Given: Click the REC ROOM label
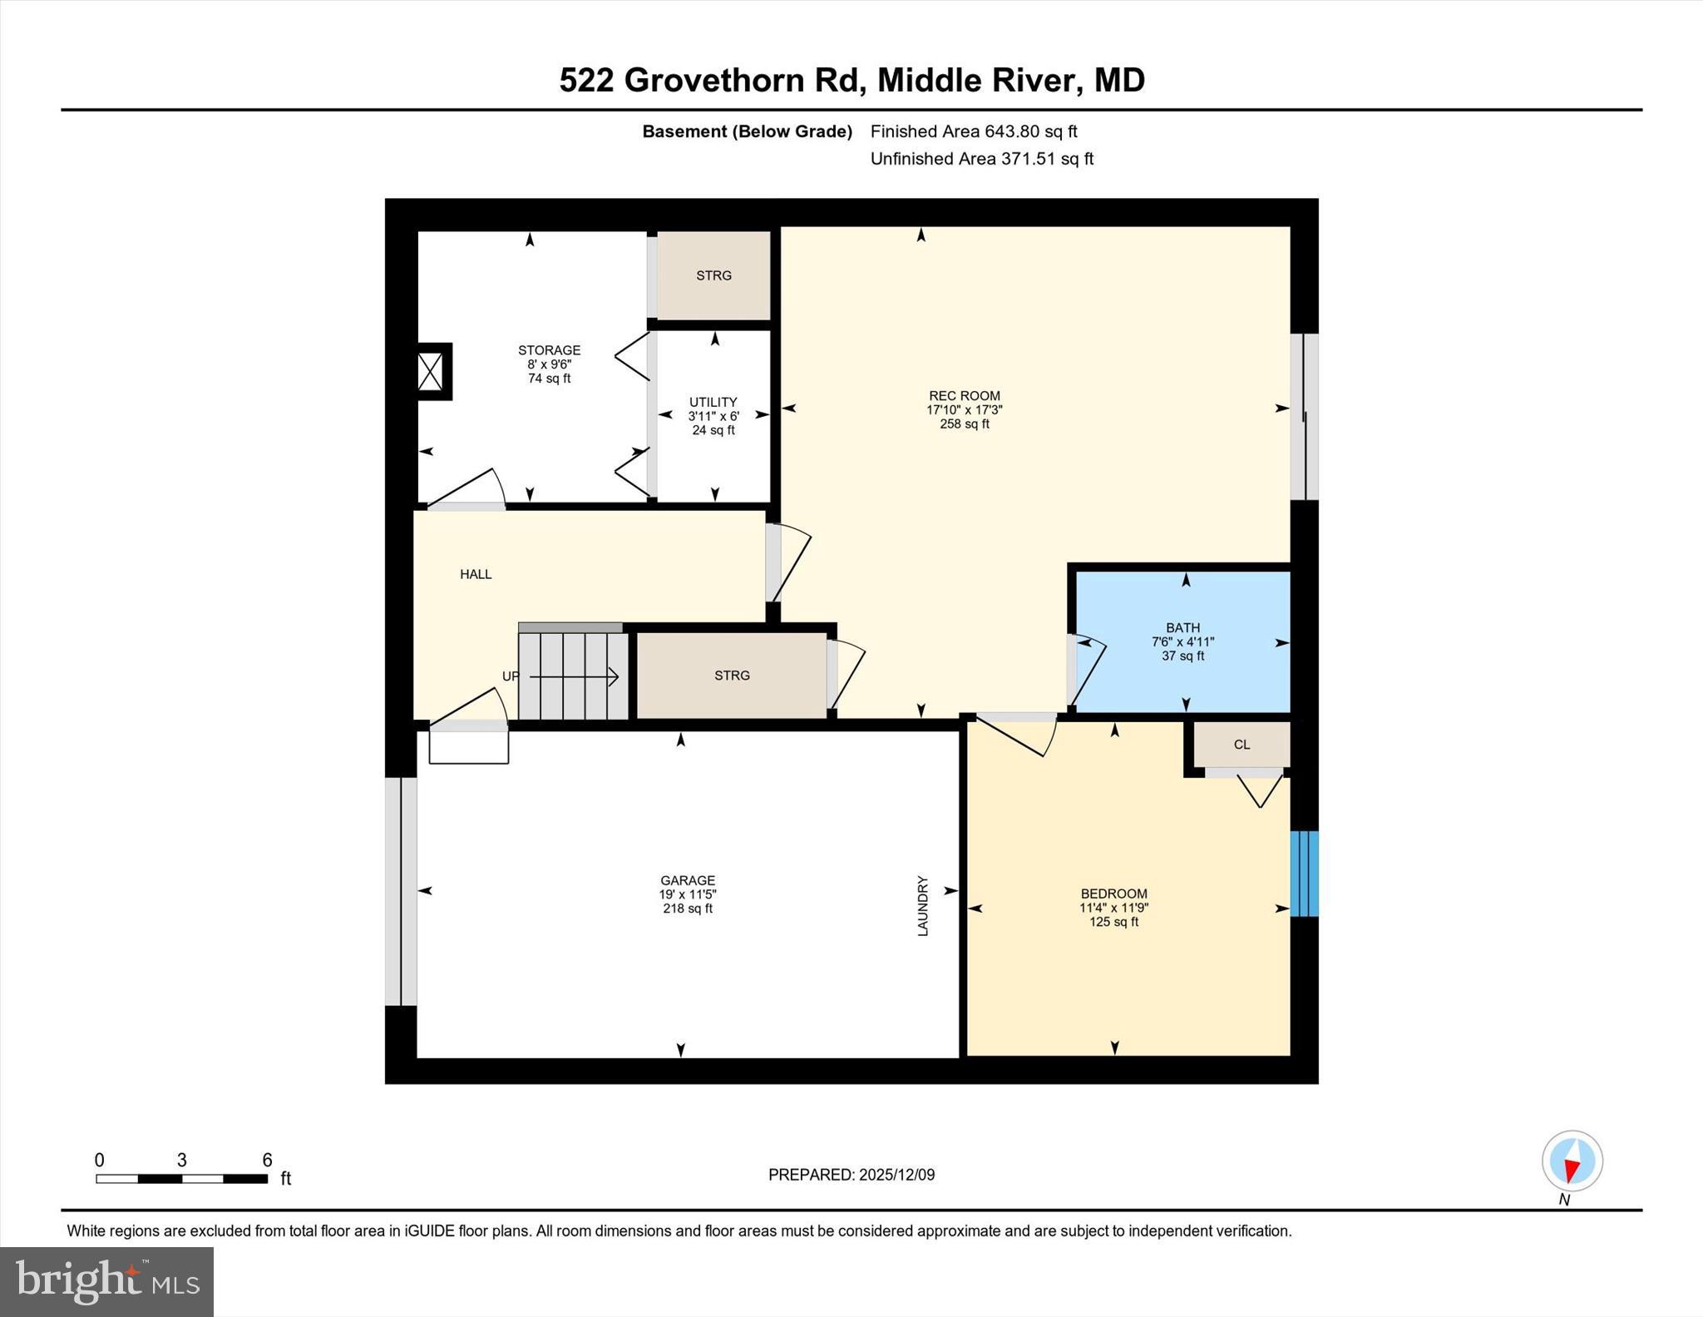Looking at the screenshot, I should click(x=964, y=396).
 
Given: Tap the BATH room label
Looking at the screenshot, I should click(x=1182, y=628).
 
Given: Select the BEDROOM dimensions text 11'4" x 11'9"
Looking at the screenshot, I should click(x=1113, y=909).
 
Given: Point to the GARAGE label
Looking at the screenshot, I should click(x=688, y=880).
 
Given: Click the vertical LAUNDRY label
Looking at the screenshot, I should click(x=923, y=906).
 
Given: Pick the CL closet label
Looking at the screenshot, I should click(x=1241, y=745).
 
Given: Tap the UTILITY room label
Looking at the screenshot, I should click(x=713, y=402).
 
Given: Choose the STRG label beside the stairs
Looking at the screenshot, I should click(x=732, y=676).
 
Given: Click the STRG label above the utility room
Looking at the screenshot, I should click(x=713, y=275).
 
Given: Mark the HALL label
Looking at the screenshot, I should click(x=476, y=574).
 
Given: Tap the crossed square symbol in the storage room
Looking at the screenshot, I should click(x=430, y=371).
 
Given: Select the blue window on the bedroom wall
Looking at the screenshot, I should click(x=1304, y=874).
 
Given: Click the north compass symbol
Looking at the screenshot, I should click(x=1572, y=1161).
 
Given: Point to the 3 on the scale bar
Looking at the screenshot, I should click(x=181, y=1161).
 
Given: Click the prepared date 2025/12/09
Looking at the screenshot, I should click(x=896, y=1175).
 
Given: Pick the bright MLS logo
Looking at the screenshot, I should click(x=107, y=1281).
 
